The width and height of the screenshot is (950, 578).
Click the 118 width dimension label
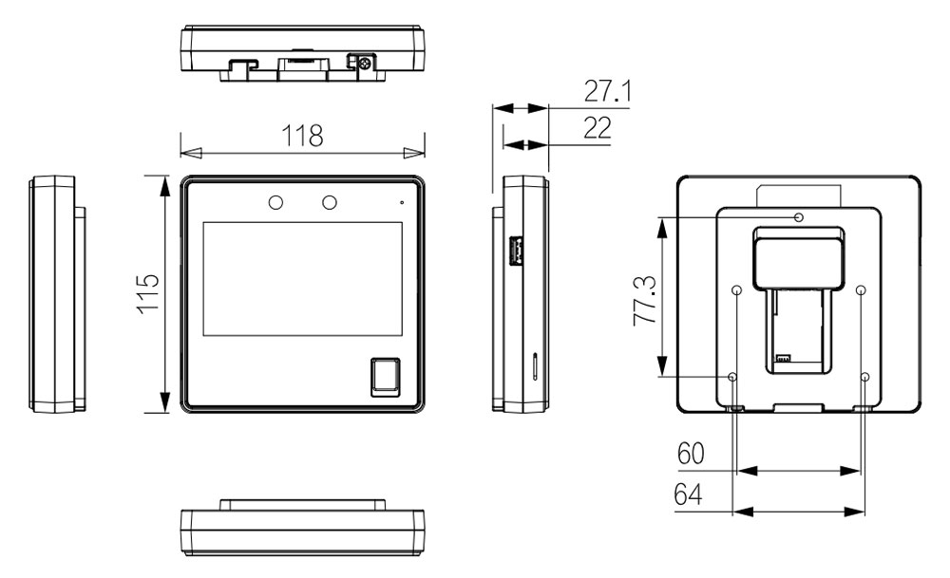point(301,135)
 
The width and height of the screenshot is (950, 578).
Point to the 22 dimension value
point(597,128)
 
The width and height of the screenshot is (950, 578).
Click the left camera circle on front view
point(275,202)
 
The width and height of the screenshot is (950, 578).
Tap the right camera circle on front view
point(330,202)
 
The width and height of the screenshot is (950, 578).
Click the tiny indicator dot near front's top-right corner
point(402,202)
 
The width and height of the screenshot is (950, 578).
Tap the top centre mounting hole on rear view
point(799,218)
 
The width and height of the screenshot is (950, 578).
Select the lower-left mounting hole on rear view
point(732,378)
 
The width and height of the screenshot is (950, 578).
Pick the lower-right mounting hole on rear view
point(864,378)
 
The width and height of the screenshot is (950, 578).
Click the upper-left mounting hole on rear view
point(738,290)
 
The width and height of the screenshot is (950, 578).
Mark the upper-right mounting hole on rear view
point(860,290)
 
